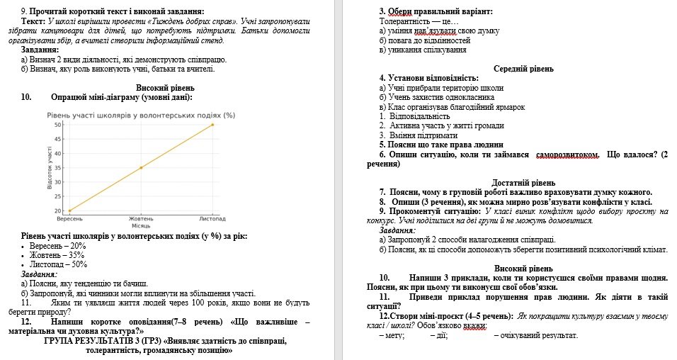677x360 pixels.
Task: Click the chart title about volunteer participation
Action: [140, 115]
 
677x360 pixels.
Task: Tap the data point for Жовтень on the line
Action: [141, 168]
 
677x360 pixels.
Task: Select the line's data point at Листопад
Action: [212, 125]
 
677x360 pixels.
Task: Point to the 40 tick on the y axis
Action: [58, 154]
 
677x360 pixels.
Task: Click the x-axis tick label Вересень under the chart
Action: [69, 219]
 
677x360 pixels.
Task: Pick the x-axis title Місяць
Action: [141, 225]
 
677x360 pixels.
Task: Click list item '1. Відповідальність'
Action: [415, 116]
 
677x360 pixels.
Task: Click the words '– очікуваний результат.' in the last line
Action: [536, 335]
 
